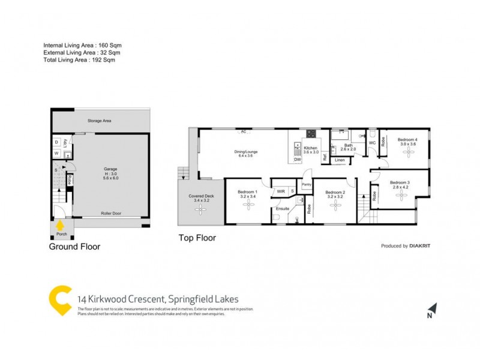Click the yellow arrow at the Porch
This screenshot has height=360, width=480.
[59, 225]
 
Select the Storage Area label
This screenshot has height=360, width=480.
[99, 121]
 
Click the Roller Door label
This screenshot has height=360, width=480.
[112, 212]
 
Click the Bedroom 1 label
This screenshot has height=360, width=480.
[248, 191]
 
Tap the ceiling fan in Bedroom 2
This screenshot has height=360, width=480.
[334, 206]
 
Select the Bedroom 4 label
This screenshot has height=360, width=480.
[408, 140]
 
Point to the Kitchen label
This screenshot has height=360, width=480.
[310, 148]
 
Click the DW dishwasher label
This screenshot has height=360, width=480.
[297, 160]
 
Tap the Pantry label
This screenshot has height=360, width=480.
[307, 184]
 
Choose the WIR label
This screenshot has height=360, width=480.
[280, 191]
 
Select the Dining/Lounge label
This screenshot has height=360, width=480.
[246, 152]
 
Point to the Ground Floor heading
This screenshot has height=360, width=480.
[75, 246]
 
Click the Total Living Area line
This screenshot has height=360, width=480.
[79, 59]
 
